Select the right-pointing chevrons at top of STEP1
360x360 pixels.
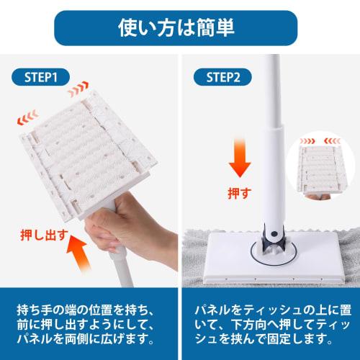[x=79, y=93]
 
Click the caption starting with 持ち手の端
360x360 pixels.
[x=90, y=320]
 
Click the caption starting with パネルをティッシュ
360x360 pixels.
[x=270, y=320]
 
